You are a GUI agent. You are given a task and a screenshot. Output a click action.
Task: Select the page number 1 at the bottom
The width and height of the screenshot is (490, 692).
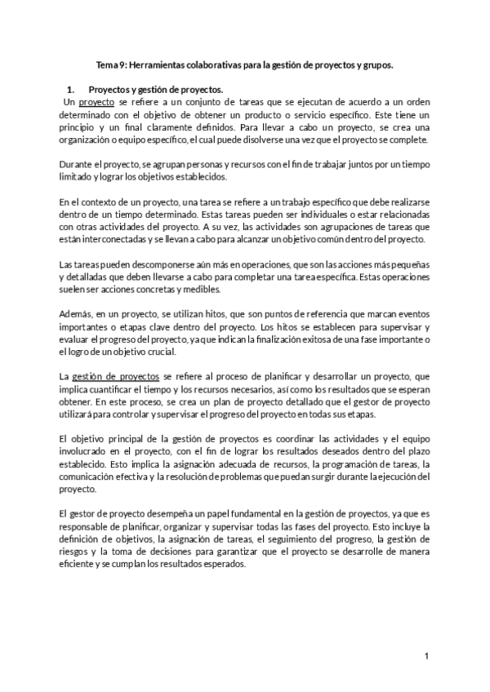pyautogui.click(x=426, y=656)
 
